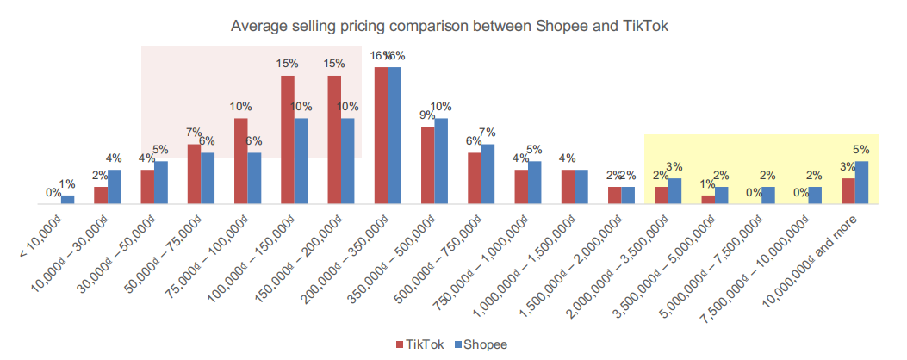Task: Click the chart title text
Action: [450, 27]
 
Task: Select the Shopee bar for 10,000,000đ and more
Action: [860, 183]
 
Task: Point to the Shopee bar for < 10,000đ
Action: [67, 200]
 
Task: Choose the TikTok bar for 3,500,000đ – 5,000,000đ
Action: [708, 200]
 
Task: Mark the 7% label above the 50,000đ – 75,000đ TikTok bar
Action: [194, 133]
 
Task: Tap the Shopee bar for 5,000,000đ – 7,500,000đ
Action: [768, 196]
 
